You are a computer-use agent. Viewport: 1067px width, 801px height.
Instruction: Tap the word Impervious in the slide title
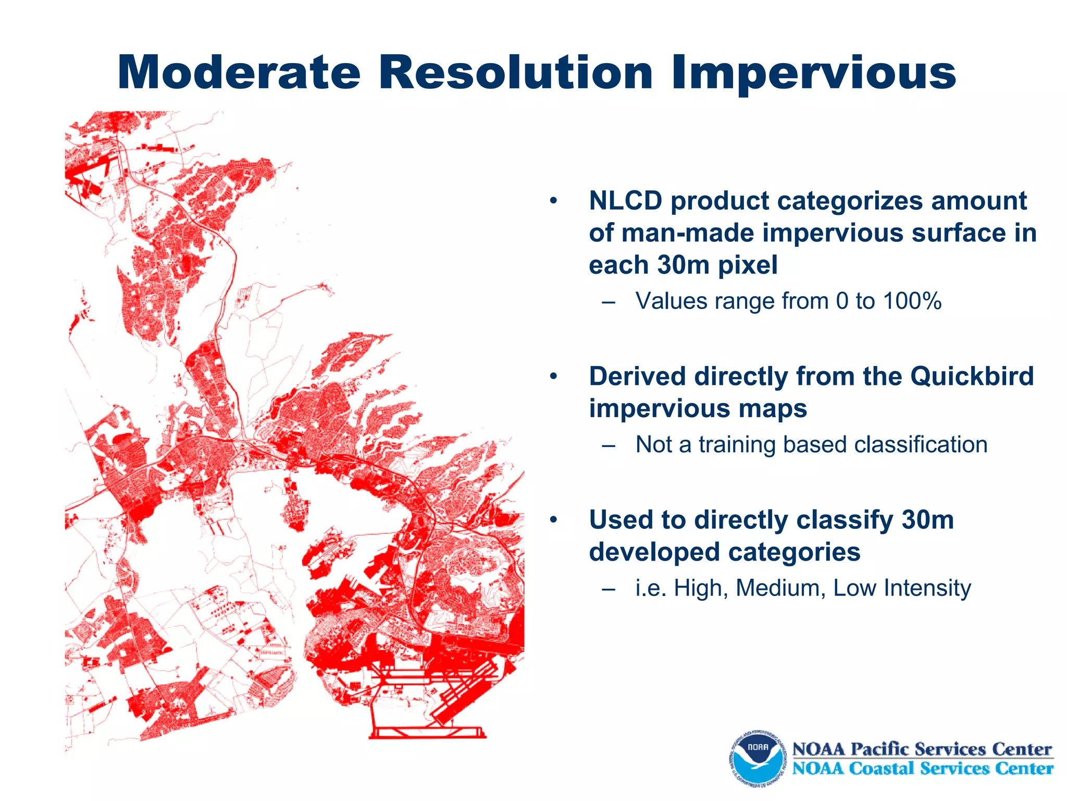coord(813,74)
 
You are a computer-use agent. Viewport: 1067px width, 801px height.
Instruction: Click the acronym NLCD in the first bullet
coord(625,201)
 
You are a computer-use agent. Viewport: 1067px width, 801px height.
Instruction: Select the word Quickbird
coord(972,377)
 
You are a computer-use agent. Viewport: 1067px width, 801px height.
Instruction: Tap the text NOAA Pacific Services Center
coord(922,749)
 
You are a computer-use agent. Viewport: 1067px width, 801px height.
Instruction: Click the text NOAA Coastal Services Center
coord(922,769)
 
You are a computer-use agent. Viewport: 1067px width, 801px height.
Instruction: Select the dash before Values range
coord(608,302)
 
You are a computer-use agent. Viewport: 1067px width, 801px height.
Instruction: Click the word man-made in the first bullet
coord(688,233)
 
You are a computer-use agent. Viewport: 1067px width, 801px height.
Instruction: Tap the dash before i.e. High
coord(608,589)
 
